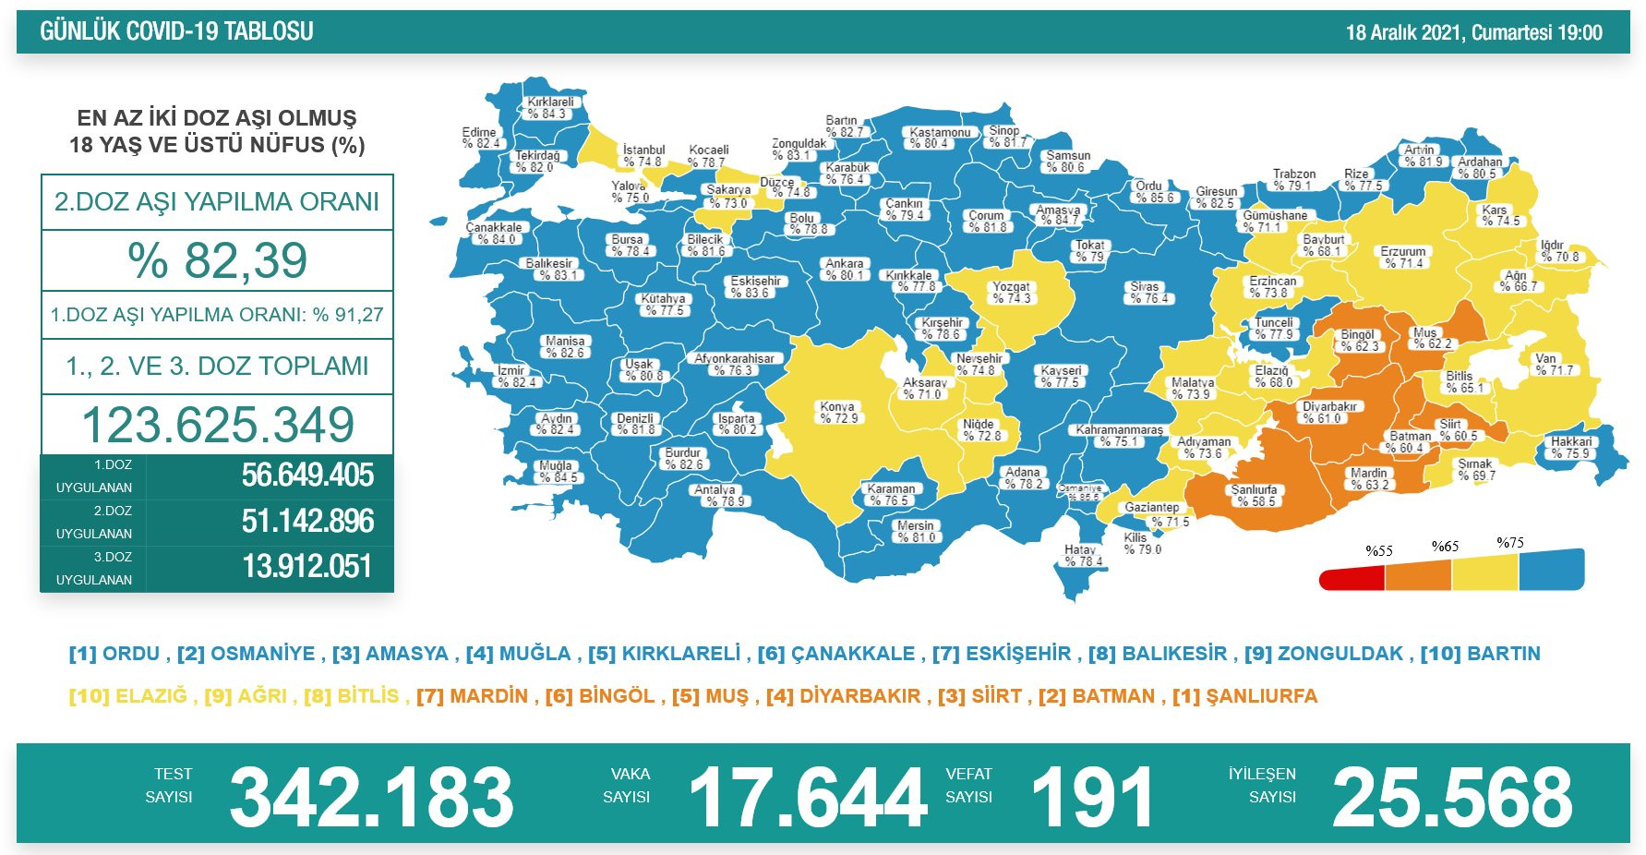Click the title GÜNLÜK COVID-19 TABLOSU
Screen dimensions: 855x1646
176,31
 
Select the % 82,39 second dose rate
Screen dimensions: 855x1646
217,260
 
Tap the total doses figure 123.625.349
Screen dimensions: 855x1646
217,425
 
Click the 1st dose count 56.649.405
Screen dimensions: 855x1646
307,476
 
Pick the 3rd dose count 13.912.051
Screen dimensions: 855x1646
307,566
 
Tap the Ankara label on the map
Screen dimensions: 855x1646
845,269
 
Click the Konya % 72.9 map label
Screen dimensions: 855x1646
838,412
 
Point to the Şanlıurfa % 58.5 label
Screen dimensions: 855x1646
1255,496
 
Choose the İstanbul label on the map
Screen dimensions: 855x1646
643,155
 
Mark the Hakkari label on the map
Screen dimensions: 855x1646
1571,447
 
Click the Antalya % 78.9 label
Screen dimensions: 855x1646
717,496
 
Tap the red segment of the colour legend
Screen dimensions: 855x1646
1352,580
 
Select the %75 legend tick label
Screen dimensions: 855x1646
1510,543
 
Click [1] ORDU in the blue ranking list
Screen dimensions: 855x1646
114,654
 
